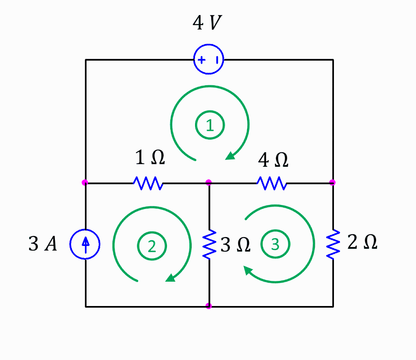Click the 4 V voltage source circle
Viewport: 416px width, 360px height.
208,60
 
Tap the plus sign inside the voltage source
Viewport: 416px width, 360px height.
201,60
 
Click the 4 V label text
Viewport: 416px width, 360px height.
207,24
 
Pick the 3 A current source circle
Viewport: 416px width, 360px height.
85,244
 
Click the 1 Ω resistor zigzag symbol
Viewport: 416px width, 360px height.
148,183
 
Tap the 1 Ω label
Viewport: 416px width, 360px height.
150,158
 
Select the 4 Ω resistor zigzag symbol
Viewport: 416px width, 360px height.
272,183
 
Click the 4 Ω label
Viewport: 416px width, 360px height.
273,160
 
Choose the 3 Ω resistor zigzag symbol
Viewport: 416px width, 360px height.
209,244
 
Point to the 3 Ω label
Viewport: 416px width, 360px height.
235,245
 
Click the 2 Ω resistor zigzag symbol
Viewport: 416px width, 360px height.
333,244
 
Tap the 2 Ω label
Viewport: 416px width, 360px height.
362,242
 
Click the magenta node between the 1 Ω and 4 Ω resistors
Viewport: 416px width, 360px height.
209,183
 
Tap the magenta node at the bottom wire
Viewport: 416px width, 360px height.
209,306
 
